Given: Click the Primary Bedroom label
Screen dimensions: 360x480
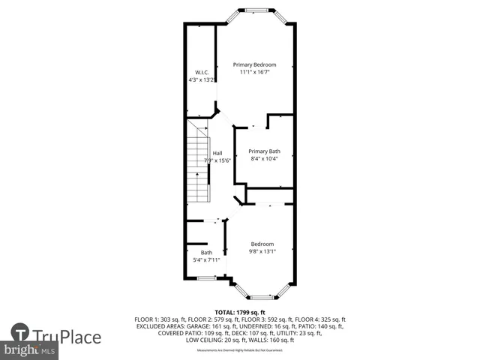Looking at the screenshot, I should coord(253,64).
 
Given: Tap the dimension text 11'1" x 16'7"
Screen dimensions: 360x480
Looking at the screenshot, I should coord(253,73).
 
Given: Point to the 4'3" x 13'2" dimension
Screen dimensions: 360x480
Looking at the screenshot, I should coord(201,79).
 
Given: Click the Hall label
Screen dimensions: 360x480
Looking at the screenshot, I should coord(217,153).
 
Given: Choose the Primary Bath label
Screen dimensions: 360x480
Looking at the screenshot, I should coord(263,151).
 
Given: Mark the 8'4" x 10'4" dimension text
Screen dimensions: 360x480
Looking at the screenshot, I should coord(263,158).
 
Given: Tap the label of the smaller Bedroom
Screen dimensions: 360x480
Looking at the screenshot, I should coord(262,244).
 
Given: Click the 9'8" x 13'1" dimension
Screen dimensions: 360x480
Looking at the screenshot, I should coord(262,251).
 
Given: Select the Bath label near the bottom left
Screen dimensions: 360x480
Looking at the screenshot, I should coord(206,252).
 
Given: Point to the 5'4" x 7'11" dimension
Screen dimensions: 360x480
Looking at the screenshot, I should coord(206,259).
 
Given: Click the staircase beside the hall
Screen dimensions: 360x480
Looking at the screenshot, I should coord(196,160).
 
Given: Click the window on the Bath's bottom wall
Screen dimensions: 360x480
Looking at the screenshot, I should coord(206,278).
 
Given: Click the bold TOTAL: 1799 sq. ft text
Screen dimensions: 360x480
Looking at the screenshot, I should coord(240,312).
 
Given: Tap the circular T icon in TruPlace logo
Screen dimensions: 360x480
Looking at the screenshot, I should coord(20,333).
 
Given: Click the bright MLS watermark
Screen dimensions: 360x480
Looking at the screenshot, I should coord(30,350).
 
